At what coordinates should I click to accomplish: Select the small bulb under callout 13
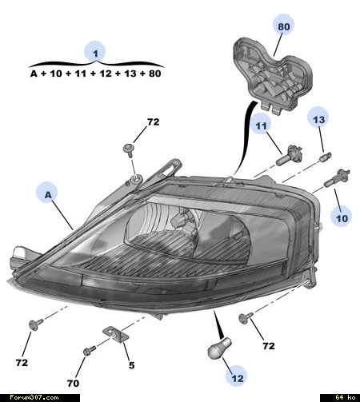coord(326,156)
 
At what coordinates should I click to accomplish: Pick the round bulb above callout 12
coord(219,348)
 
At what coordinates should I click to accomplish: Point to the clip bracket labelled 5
coord(115,334)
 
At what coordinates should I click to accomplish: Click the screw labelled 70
coord(90,351)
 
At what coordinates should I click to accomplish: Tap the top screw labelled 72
coord(129,150)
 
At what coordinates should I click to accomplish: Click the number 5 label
coord(132,365)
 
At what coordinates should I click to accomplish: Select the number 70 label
coord(73,383)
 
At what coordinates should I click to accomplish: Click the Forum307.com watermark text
coord(34,397)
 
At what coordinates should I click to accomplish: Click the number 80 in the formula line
coord(155,74)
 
